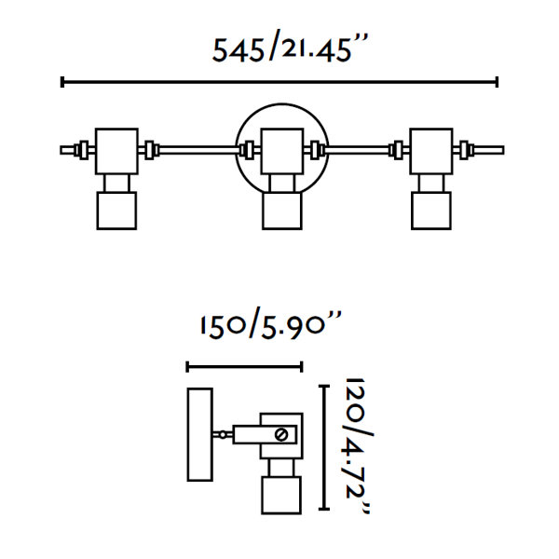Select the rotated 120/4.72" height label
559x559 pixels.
[x=359, y=445]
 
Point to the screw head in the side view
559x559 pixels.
[x=281, y=434]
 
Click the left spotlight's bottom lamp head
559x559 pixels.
[x=116, y=211]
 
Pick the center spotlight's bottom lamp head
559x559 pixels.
[x=282, y=211]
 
